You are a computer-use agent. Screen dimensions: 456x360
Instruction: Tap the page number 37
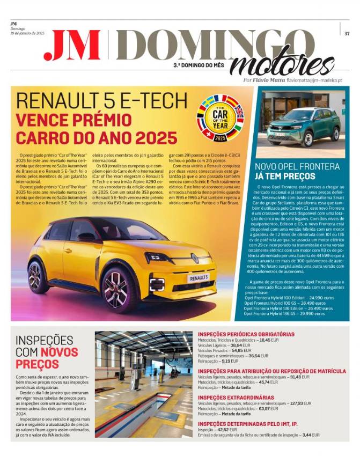347,33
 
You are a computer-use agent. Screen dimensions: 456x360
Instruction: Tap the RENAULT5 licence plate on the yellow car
198,278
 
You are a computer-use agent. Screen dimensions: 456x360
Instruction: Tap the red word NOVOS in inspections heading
59,352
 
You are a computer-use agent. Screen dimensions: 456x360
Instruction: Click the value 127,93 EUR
300,403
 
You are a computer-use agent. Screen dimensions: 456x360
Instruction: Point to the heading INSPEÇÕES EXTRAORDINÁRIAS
236,397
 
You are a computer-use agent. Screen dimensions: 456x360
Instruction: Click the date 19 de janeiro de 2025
27,33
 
